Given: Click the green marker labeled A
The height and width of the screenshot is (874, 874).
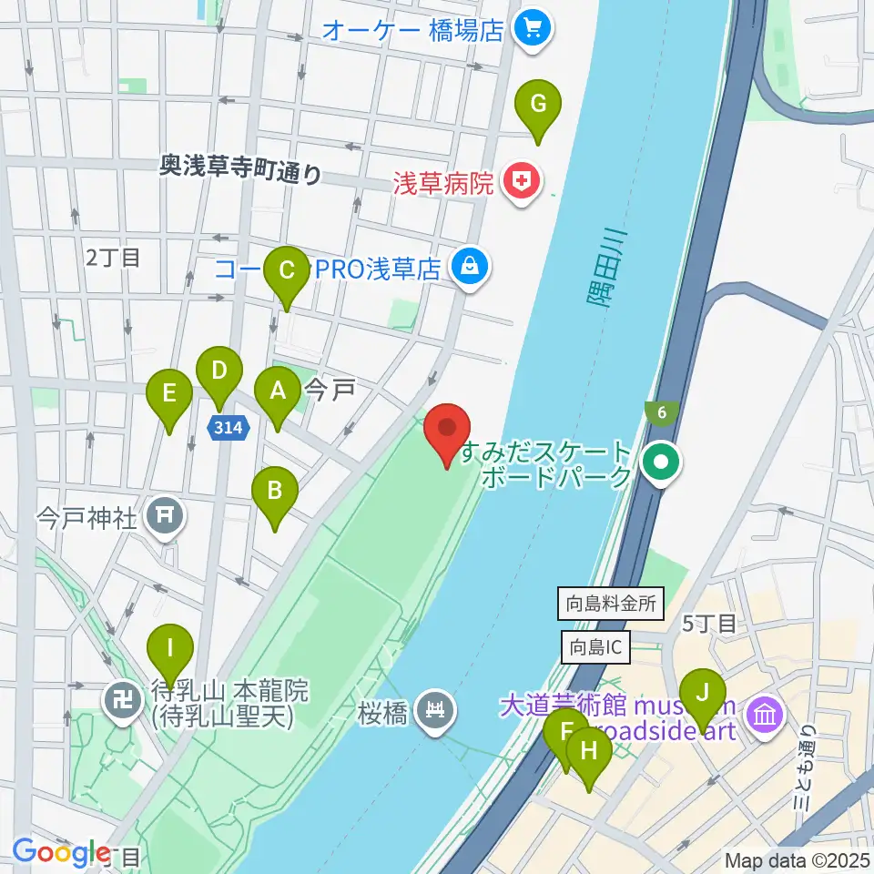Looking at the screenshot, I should point(277,391).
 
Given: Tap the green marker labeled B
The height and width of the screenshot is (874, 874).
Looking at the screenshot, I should point(274,493).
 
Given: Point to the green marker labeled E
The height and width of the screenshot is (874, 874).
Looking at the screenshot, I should point(168,394).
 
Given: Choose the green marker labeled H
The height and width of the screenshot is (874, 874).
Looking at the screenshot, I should point(589,752).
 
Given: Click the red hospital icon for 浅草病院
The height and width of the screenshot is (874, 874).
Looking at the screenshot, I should point(520,184).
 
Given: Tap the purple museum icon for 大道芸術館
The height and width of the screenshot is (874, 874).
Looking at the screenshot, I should point(764,713).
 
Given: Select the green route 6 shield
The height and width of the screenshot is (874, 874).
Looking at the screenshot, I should point(661,412).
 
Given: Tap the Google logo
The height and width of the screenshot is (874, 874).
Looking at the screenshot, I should point(61,853).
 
